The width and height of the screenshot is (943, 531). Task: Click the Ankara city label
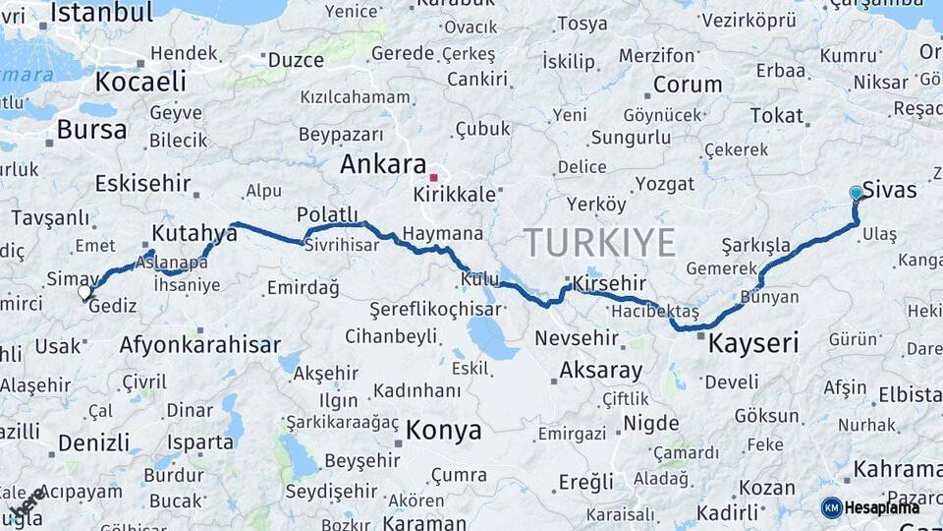382,165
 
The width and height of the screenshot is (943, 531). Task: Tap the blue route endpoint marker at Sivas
856,193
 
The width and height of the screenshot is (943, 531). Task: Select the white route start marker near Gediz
84,292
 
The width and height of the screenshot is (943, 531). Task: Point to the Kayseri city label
753,344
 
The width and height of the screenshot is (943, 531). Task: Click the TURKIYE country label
599,242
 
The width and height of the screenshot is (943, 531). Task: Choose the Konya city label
444,431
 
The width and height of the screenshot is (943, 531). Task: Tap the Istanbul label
101,13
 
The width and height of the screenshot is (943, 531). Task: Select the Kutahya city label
194,234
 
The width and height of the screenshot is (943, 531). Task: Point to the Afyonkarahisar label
199,345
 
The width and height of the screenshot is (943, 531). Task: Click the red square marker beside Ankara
433,178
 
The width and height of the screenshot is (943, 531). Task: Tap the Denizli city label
93,442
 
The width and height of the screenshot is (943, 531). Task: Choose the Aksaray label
600,372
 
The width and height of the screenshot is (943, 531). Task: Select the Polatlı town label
327,215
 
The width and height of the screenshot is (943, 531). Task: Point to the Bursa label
91,130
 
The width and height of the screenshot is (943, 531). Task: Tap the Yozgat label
664,184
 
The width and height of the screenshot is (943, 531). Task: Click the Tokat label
776,116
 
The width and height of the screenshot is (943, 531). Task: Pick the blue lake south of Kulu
491,338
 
